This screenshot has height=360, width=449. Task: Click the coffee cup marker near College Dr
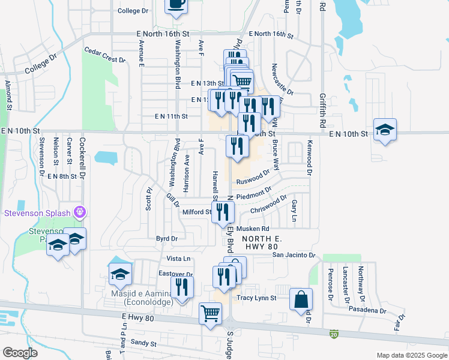coord(176,5)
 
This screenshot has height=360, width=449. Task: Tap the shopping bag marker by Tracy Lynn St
coord(301,299)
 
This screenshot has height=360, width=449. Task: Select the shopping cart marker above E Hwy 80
coord(210,313)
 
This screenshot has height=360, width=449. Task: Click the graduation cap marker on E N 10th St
coord(384,130)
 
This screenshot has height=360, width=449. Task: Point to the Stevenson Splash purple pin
coord(79,212)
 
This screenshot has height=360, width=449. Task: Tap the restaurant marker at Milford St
coord(223,212)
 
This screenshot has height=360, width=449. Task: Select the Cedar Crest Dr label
coord(104,55)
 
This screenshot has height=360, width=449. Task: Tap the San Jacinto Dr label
coord(294,255)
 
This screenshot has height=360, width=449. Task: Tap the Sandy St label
coord(143,344)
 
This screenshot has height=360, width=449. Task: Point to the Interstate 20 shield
coord(333,333)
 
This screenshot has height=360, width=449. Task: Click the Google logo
coord(20,353)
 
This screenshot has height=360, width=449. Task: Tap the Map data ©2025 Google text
coord(411,355)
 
